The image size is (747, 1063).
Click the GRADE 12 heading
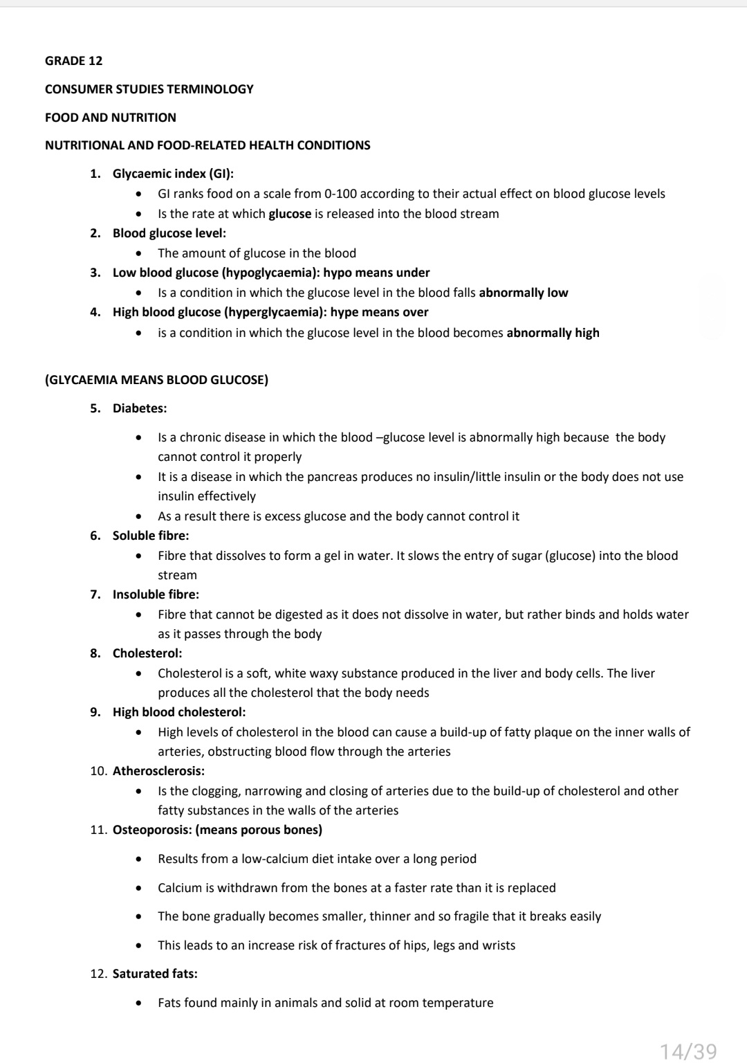[x=73, y=61]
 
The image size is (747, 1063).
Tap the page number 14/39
[x=688, y=1051]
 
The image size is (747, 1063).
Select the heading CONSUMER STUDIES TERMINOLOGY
[x=149, y=89]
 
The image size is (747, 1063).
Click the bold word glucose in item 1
[x=290, y=214]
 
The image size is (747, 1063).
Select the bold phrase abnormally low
[x=523, y=293]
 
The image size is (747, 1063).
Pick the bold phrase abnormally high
[x=553, y=333]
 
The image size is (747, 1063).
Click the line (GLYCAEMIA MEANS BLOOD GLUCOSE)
[x=156, y=380]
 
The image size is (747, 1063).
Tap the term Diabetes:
[x=140, y=408]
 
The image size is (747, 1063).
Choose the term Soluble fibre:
[x=151, y=536]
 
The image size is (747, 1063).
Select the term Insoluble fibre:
[x=156, y=594]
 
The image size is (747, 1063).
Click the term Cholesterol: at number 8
[x=147, y=653]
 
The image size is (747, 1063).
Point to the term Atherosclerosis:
[x=158, y=771]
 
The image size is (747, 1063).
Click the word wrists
[x=499, y=945]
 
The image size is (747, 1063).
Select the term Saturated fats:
[x=155, y=974]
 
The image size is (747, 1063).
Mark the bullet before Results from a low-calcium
[x=140, y=860]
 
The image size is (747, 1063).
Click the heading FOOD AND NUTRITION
[x=111, y=118]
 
